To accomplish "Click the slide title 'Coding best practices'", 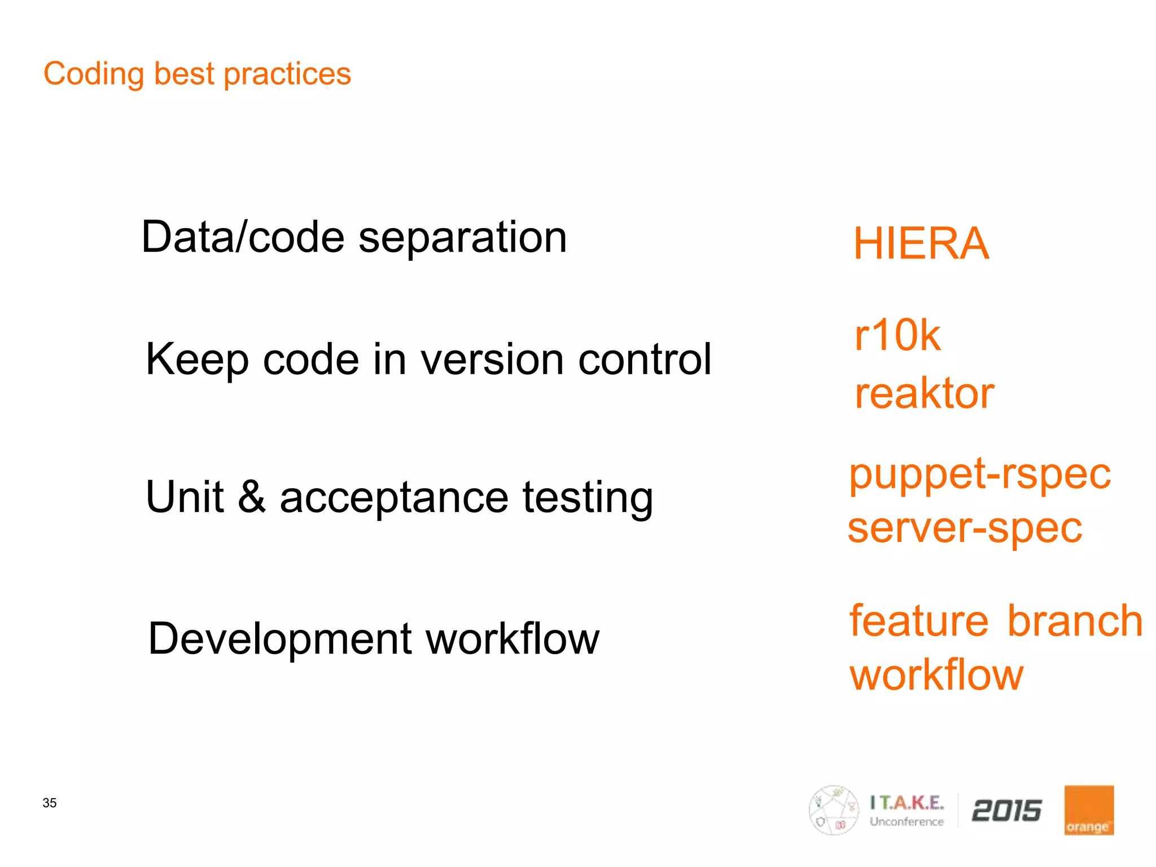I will pyautogui.click(x=197, y=74).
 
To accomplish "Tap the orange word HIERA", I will pyautogui.click(x=921, y=244).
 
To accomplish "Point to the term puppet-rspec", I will pyautogui.click(x=980, y=474).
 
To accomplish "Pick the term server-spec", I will pyautogui.click(x=965, y=528).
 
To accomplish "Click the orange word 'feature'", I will pyautogui.click(x=919, y=620).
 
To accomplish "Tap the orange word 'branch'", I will pyautogui.click(x=1075, y=620).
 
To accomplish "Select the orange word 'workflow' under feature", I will pyautogui.click(x=936, y=675).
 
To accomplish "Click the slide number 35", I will pyautogui.click(x=50, y=803).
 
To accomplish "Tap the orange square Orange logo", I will pyautogui.click(x=1089, y=810).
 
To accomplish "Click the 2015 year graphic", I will pyautogui.click(x=1006, y=811).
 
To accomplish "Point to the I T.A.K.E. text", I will pyautogui.click(x=907, y=802).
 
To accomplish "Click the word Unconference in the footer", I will pyautogui.click(x=907, y=822).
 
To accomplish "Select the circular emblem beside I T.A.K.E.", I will pyautogui.click(x=834, y=810).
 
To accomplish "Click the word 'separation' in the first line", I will pyautogui.click(x=462, y=238).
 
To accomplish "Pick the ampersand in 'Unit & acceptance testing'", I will pyautogui.click(x=252, y=497).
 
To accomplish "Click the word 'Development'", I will pyautogui.click(x=280, y=639).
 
